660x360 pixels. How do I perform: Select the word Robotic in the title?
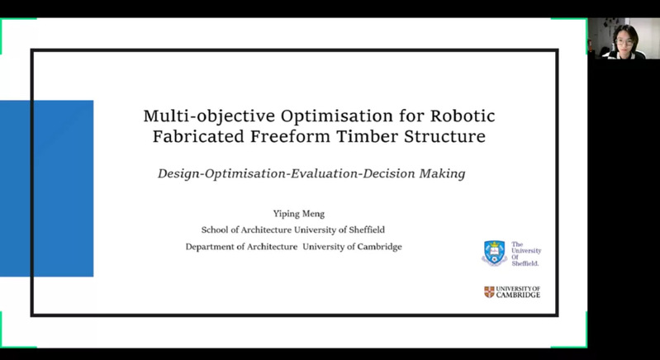463,116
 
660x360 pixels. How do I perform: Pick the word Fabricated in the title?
198,137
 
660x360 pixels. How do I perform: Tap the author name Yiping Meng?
299,214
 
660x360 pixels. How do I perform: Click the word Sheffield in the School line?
367,230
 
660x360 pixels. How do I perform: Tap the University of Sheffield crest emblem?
494,253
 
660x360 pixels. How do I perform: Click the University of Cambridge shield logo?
489,291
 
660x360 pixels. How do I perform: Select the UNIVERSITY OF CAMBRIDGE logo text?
518,291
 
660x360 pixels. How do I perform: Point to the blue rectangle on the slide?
47,188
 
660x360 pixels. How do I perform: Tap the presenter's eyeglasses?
624,42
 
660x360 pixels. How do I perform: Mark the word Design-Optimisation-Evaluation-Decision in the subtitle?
287,173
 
